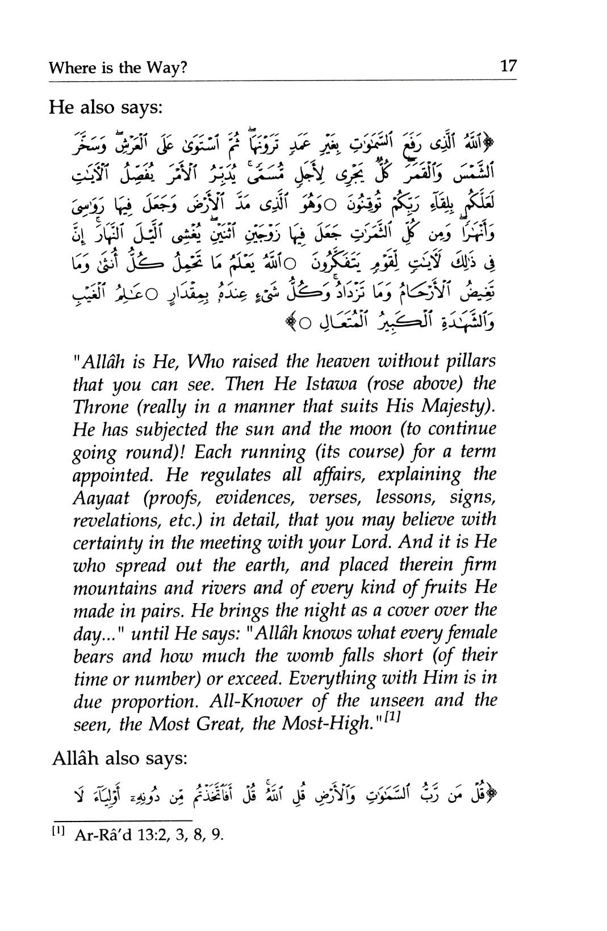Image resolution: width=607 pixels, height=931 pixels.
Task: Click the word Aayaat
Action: [101, 497]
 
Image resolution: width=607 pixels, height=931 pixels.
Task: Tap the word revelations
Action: [118, 520]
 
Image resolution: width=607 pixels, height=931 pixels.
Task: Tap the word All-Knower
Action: [257, 701]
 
